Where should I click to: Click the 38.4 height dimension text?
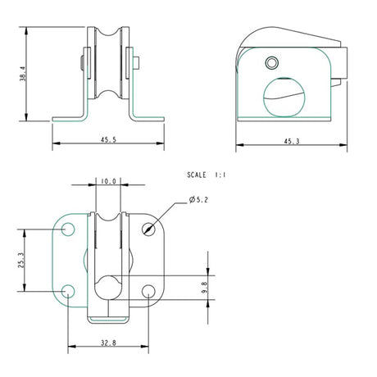(x=25, y=74)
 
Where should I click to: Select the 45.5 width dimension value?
(x=107, y=140)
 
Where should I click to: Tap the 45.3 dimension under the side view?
(x=290, y=141)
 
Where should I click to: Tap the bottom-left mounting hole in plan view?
(x=68, y=290)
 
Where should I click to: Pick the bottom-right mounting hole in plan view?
(x=148, y=290)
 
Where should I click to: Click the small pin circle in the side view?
(x=272, y=62)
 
